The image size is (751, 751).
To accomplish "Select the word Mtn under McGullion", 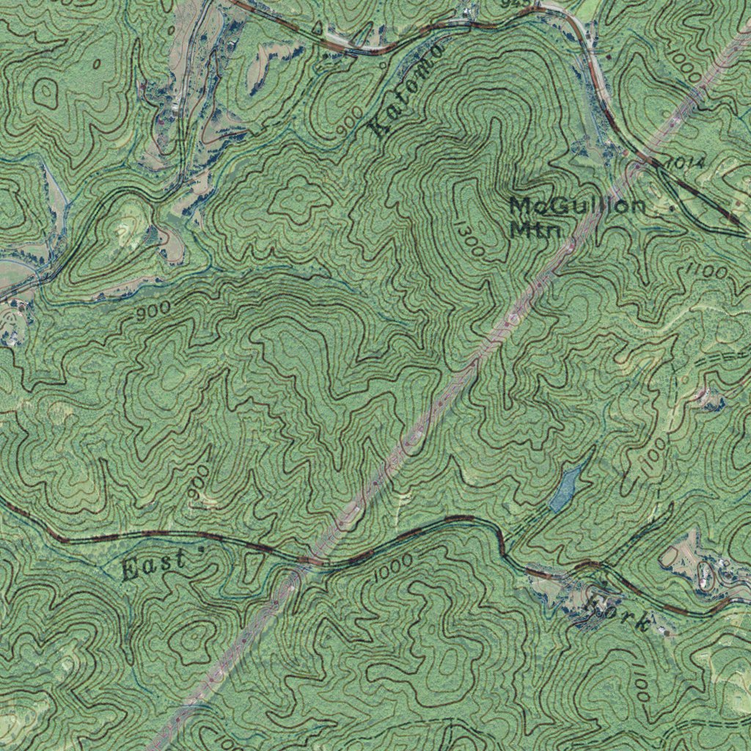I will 535,229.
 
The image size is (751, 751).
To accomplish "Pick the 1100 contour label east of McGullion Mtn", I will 706,272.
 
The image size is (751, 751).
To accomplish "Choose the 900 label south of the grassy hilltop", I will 153,311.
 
